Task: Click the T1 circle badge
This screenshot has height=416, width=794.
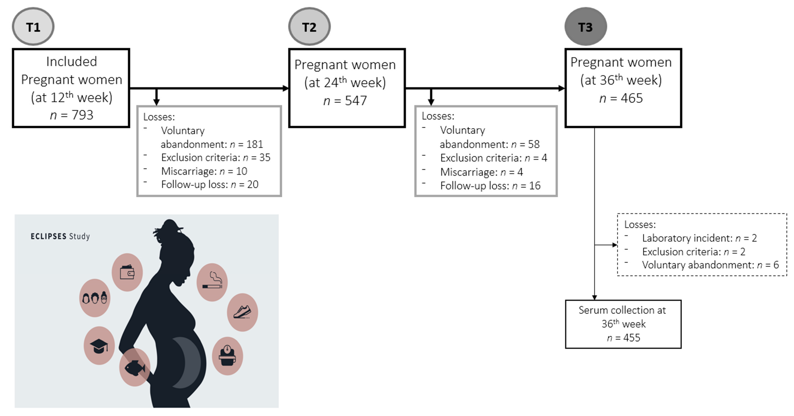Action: [33, 27]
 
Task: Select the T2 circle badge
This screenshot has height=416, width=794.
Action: [309, 27]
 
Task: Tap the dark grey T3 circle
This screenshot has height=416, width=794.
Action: [585, 27]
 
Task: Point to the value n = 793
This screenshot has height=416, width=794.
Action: [72, 115]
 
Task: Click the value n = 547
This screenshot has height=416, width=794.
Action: [345, 101]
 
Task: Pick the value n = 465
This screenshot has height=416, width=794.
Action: [621, 98]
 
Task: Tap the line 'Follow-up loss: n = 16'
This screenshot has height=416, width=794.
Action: [490, 185]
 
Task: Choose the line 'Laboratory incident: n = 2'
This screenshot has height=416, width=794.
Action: [699, 238]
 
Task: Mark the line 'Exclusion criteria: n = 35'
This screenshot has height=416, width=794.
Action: [215, 157]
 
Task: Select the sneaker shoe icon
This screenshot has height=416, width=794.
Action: [242, 312]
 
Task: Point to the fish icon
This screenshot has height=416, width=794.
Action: [135, 367]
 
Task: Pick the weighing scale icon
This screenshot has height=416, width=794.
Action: [227, 356]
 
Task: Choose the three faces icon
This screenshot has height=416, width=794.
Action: [95, 298]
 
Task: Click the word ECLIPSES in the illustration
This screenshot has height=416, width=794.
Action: [48, 236]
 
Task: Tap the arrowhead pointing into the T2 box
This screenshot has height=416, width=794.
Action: [286, 88]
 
